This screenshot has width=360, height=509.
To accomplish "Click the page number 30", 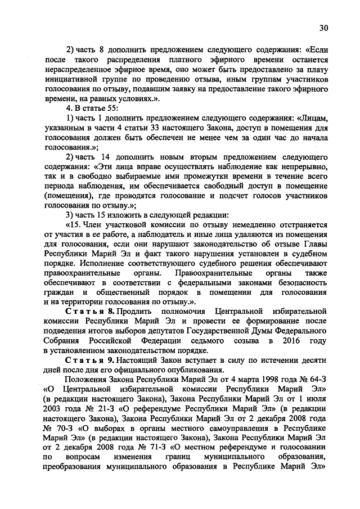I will point(323,28).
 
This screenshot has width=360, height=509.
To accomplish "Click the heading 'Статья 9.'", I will point(91,360).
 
